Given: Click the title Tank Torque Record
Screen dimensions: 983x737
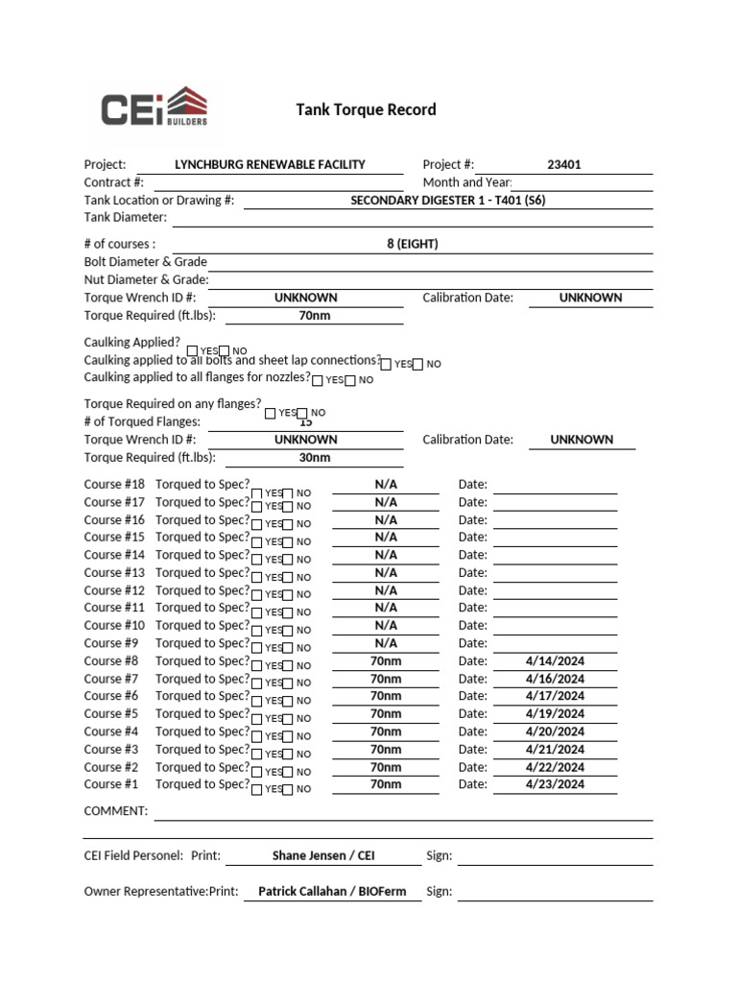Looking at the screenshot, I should (366, 109).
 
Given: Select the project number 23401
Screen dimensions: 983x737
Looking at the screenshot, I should (564, 164).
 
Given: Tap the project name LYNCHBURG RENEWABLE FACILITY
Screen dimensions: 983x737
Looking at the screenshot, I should (270, 164).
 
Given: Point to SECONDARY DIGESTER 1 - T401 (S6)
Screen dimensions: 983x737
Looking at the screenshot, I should (448, 201).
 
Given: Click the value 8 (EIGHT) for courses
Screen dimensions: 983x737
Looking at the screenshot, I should (413, 244).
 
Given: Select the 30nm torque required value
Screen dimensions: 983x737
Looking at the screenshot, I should (314, 458).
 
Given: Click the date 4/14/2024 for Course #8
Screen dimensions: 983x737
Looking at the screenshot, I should (556, 661).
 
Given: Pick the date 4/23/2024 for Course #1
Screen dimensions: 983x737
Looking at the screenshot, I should (556, 784).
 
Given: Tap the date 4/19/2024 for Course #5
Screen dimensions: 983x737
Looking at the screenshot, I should (556, 714).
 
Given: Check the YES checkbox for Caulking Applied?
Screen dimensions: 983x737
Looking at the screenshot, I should (193, 351).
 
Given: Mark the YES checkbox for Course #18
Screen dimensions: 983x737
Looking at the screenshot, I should (256, 493).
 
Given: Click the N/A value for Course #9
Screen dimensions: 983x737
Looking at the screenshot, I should (386, 643).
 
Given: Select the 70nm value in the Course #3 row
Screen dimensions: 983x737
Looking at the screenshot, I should (386, 749).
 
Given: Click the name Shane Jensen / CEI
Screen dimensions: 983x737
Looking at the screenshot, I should (317, 855).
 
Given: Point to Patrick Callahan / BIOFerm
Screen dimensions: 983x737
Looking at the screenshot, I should (332, 891).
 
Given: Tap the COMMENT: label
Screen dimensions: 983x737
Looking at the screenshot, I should (116, 811).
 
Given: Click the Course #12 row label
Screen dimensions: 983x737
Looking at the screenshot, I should (114, 590).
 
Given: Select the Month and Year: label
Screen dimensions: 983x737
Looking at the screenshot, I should (467, 182).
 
